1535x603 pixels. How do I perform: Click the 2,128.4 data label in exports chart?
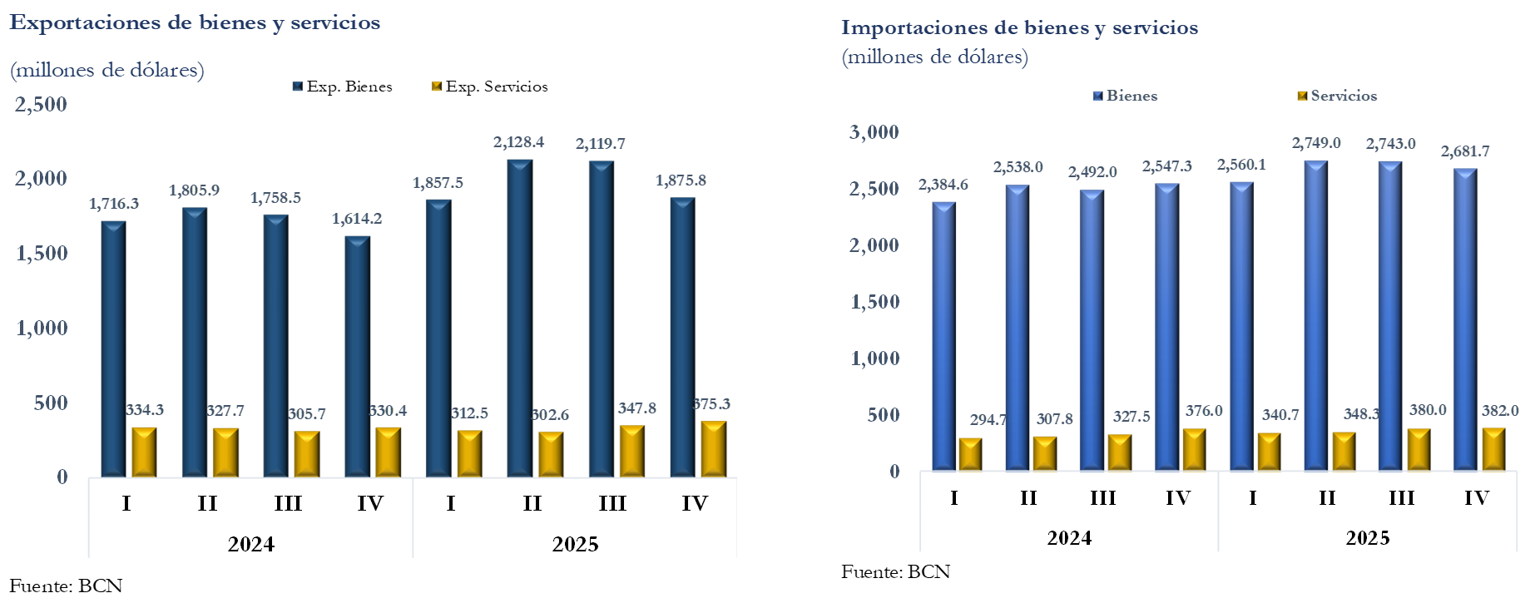point(518,142)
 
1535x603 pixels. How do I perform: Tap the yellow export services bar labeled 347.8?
point(632,451)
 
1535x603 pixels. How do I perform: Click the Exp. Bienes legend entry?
point(343,86)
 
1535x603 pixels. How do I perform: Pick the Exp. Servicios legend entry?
point(490,86)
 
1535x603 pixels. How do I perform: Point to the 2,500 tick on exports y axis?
point(41,105)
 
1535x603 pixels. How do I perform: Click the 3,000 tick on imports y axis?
point(874,132)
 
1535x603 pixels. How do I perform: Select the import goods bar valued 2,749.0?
point(1316,315)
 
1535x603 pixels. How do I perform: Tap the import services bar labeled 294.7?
point(970,454)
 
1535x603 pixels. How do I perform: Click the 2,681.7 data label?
point(1465,151)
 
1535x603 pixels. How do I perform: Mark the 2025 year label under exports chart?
point(575,544)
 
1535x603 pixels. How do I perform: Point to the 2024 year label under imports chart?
point(1069,538)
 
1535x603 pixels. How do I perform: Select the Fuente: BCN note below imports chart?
point(895,572)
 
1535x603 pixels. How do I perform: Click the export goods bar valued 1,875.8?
point(682,337)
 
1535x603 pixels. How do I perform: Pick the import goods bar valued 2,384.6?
point(944,336)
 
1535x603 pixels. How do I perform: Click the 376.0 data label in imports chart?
point(1204,411)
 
